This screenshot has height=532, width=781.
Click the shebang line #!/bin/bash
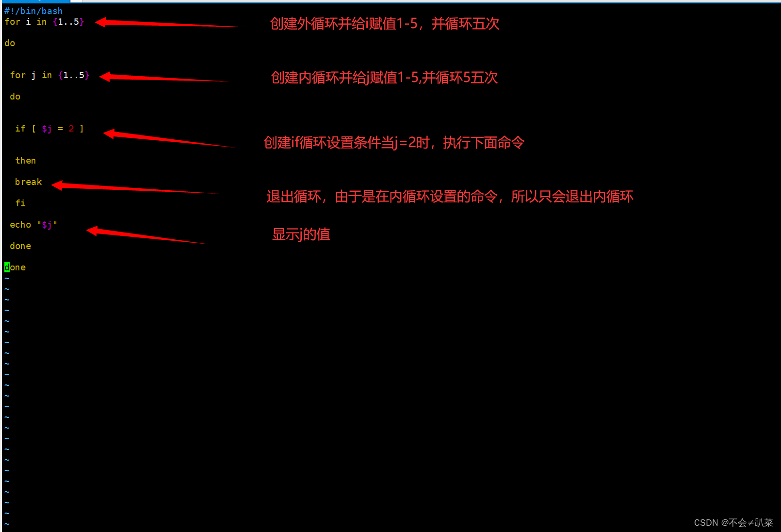click(33, 11)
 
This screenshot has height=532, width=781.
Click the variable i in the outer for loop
click(28, 22)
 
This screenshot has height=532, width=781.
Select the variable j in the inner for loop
click(33, 75)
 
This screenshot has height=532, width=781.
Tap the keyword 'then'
click(25, 161)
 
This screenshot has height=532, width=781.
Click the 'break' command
click(28, 182)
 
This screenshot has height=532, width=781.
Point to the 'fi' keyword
click(20, 203)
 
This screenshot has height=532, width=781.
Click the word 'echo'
click(20, 225)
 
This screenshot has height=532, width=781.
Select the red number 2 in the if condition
click(71, 129)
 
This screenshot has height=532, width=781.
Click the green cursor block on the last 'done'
click(7, 267)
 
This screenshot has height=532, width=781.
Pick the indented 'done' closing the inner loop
click(20, 246)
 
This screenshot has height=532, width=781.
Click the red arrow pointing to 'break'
click(131, 188)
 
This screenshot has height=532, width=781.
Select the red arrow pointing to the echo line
click(146, 236)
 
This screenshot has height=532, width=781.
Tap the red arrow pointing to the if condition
click(165, 139)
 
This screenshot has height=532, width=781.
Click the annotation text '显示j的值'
click(301, 234)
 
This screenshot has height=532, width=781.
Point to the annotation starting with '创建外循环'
click(384, 24)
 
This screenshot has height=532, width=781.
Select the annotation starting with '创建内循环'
click(384, 78)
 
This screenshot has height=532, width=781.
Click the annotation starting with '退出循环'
click(450, 197)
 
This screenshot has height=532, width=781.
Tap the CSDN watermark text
click(733, 523)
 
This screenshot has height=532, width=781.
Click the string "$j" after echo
click(47, 225)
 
